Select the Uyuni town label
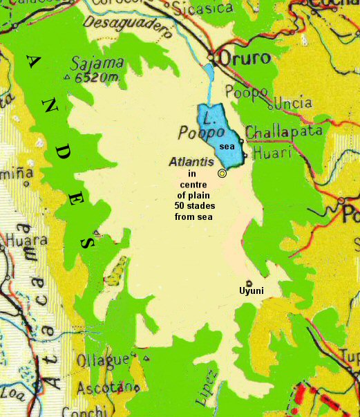tap(252, 290)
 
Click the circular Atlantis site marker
tap(222, 174)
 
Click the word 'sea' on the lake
tap(227, 147)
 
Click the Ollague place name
tap(103, 360)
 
